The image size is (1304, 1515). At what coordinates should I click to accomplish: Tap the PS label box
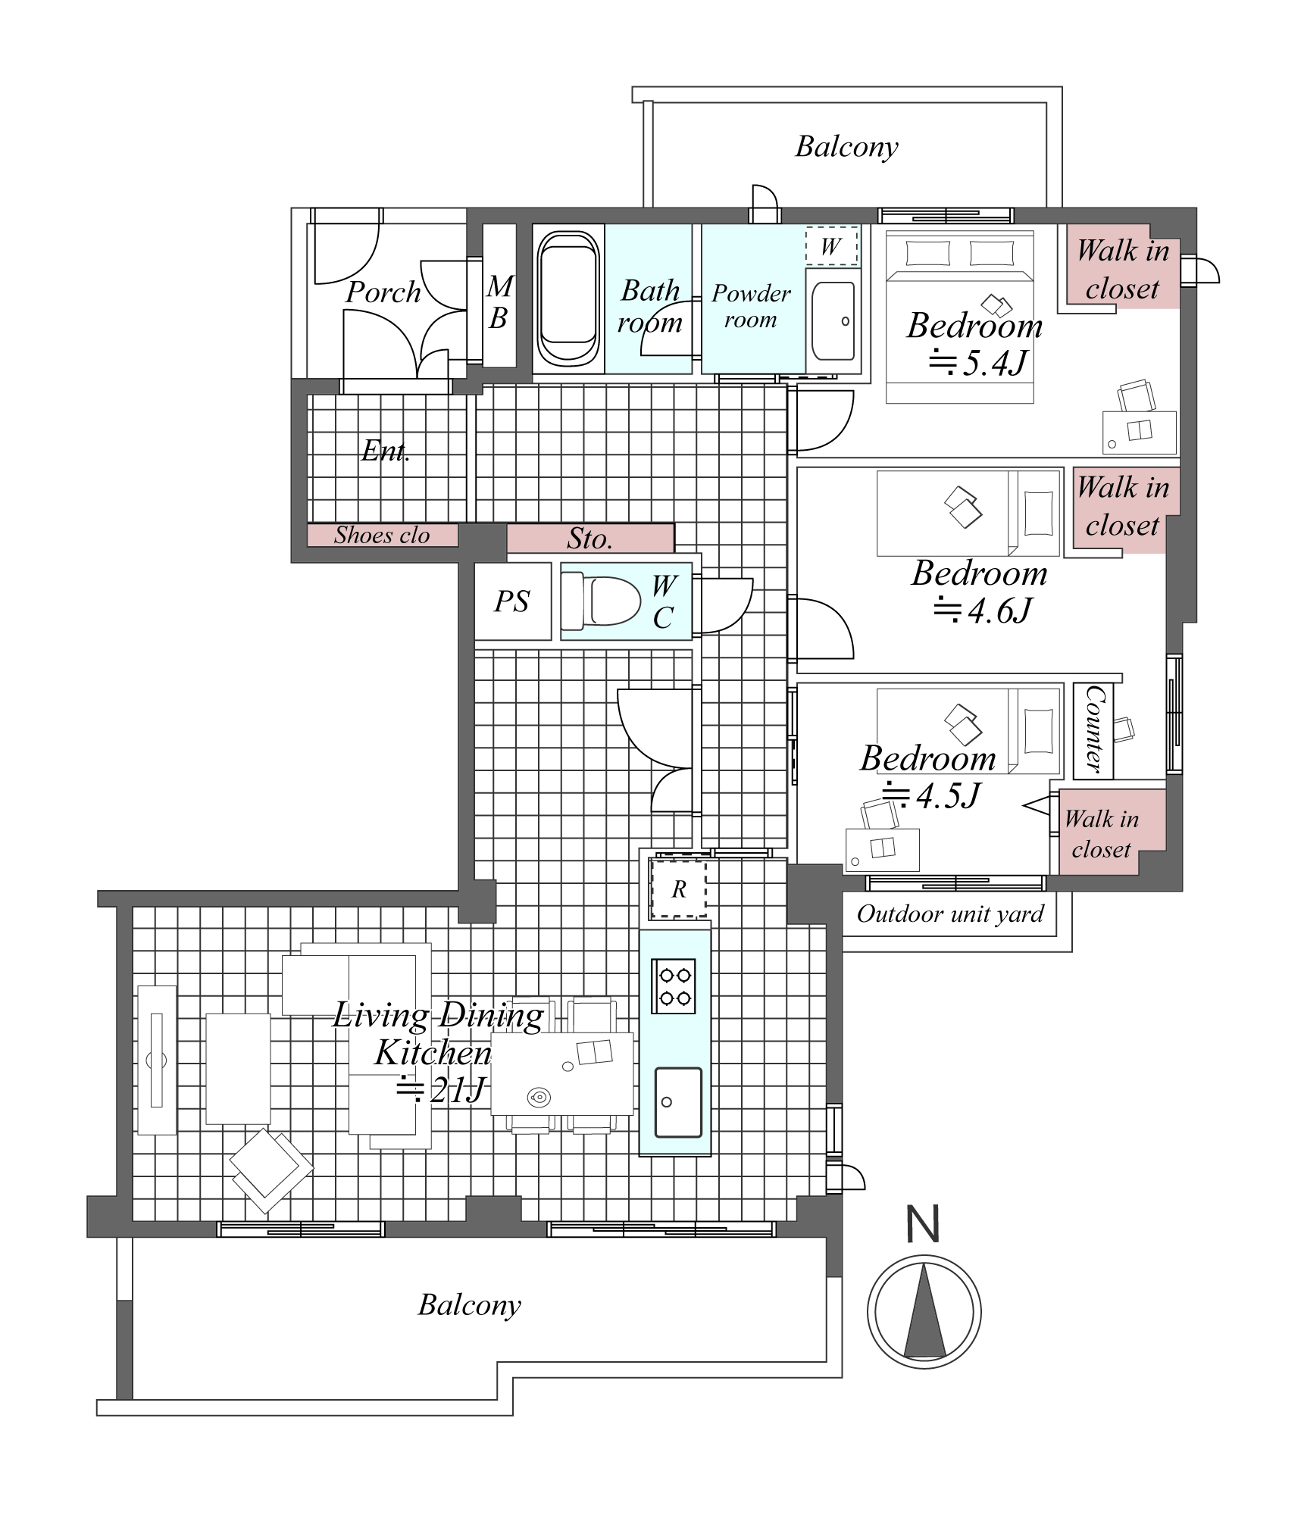[x=512, y=601]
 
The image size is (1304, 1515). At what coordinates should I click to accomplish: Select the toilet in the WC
[x=601, y=601]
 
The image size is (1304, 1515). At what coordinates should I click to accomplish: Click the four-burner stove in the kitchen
[x=674, y=986]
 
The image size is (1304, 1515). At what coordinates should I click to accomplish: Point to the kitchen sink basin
[x=678, y=1103]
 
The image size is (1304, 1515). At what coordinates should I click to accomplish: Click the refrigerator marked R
[x=679, y=889]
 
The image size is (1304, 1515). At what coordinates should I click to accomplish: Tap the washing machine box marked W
[x=831, y=246]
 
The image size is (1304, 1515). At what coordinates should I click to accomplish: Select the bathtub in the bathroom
[x=568, y=298]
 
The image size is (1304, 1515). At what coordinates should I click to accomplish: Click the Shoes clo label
[x=382, y=536]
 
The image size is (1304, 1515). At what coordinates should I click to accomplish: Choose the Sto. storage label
[x=589, y=539]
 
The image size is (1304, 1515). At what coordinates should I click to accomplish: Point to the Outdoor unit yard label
[x=950, y=914]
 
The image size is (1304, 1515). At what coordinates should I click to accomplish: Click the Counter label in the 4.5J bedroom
[x=1093, y=730]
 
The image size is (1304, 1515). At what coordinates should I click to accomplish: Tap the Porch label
[x=383, y=292]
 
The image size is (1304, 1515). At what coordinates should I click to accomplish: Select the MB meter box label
[x=499, y=302]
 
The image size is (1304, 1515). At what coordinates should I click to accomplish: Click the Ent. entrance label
[x=386, y=451]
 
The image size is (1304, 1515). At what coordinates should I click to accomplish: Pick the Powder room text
[x=751, y=306]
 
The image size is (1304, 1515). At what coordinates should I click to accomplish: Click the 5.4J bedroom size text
[x=978, y=363]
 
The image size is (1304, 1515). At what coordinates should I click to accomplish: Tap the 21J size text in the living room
[x=441, y=1090]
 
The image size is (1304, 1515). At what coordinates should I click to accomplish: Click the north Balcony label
[x=847, y=147]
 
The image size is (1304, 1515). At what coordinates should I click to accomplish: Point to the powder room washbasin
[x=833, y=321]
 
